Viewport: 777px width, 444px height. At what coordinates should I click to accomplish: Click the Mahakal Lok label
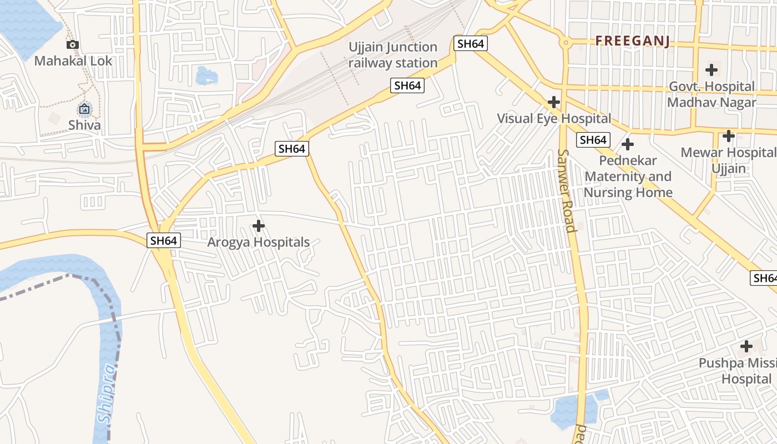pyautogui.click(x=73, y=61)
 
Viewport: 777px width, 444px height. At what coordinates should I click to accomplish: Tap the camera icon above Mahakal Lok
pyautogui.click(x=73, y=45)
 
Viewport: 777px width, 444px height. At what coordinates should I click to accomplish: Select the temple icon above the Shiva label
pyautogui.click(x=84, y=109)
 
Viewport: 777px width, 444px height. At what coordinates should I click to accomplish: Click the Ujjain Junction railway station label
pyautogui.click(x=393, y=55)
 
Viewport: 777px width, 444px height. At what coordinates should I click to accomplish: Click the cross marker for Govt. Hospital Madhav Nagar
pyautogui.click(x=712, y=70)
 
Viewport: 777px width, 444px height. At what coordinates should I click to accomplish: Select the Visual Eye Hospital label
pyautogui.click(x=553, y=118)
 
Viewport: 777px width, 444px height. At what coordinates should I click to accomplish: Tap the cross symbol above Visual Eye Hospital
pyautogui.click(x=553, y=102)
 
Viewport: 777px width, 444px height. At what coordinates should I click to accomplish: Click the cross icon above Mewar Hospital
pyautogui.click(x=729, y=136)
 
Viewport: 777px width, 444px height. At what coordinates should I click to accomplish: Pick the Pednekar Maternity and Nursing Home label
pyautogui.click(x=628, y=176)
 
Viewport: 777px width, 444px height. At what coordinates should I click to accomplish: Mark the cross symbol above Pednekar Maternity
pyautogui.click(x=628, y=144)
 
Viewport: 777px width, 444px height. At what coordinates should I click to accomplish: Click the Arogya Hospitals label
pyautogui.click(x=258, y=243)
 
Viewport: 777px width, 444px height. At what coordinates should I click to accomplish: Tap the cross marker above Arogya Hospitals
pyautogui.click(x=258, y=226)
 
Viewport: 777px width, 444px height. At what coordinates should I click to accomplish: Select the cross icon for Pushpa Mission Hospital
pyautogui.click(x=746, y=347)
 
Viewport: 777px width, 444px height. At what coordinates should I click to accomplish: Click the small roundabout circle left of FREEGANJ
pyautogui.click(x=566, y=42)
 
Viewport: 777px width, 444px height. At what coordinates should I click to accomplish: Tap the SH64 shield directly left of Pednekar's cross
pyautogui.click(x=593, y=140)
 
